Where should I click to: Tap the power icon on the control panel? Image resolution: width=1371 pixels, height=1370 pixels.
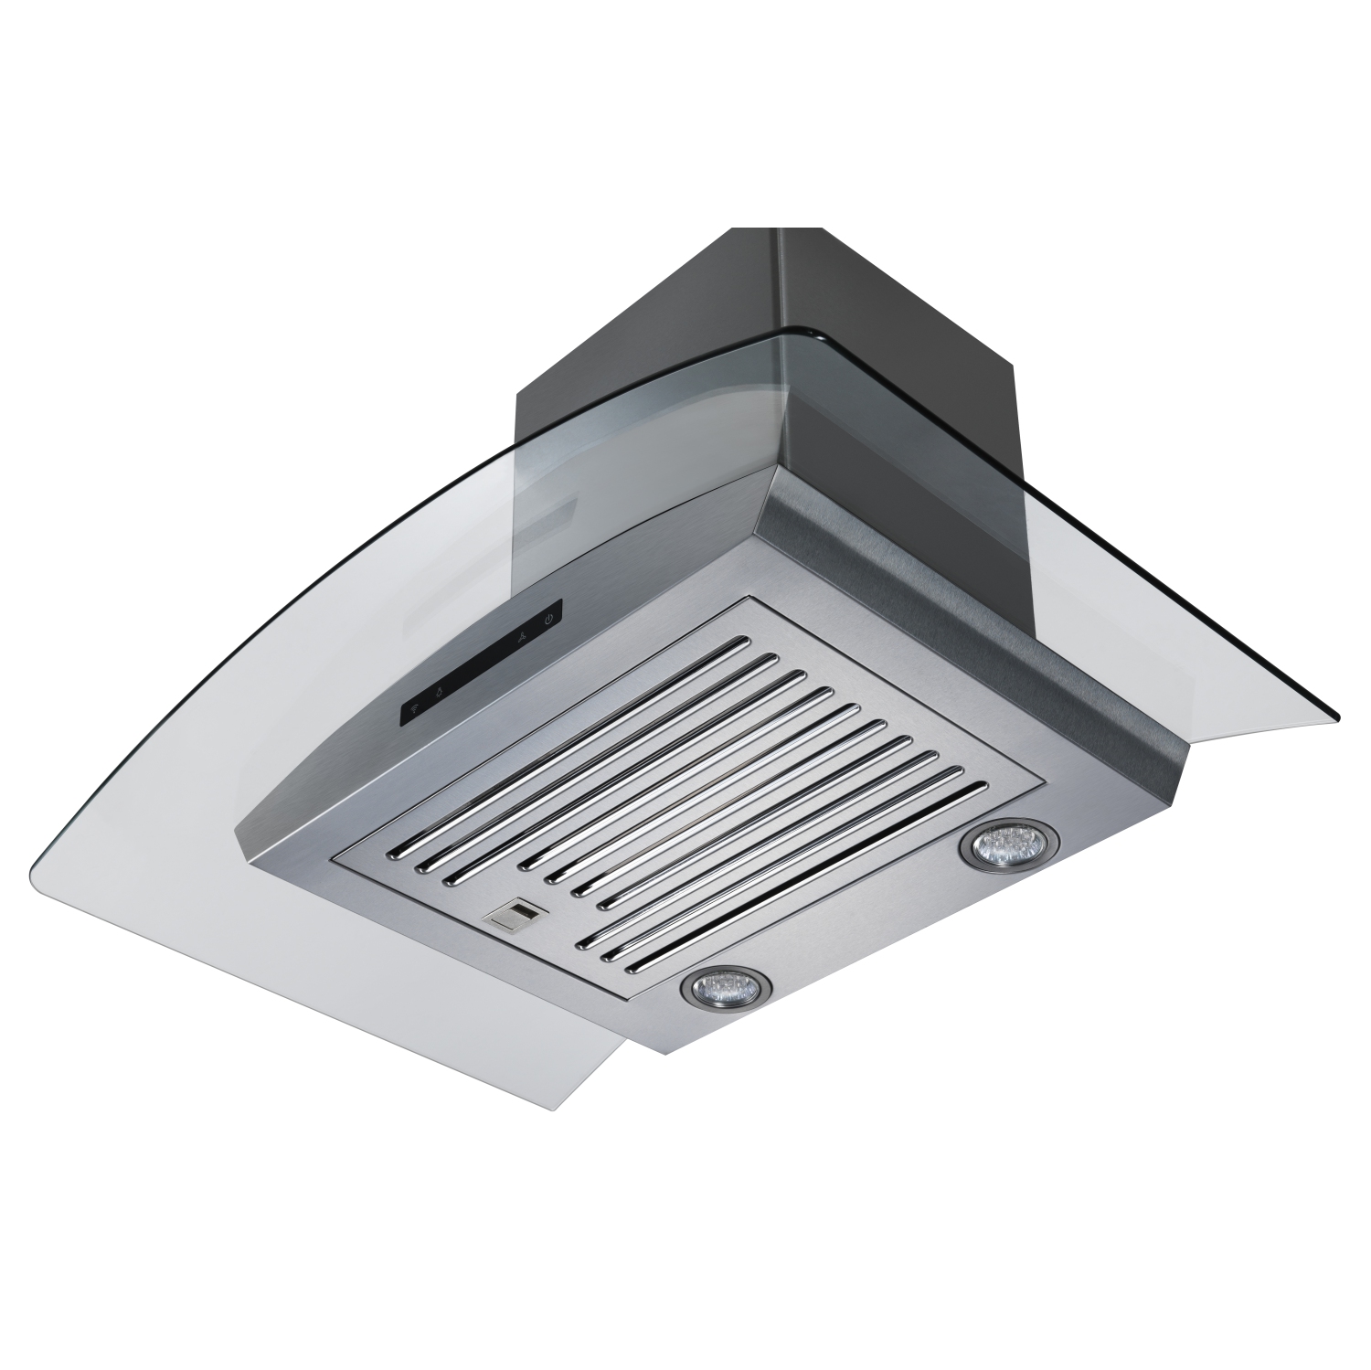548,619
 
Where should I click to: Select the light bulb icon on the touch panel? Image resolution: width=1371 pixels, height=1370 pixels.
438,690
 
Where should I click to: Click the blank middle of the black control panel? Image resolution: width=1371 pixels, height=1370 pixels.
480,663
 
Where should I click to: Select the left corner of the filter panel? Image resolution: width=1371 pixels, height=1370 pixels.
338,859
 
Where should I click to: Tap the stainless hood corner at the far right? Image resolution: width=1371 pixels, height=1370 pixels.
1188,740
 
